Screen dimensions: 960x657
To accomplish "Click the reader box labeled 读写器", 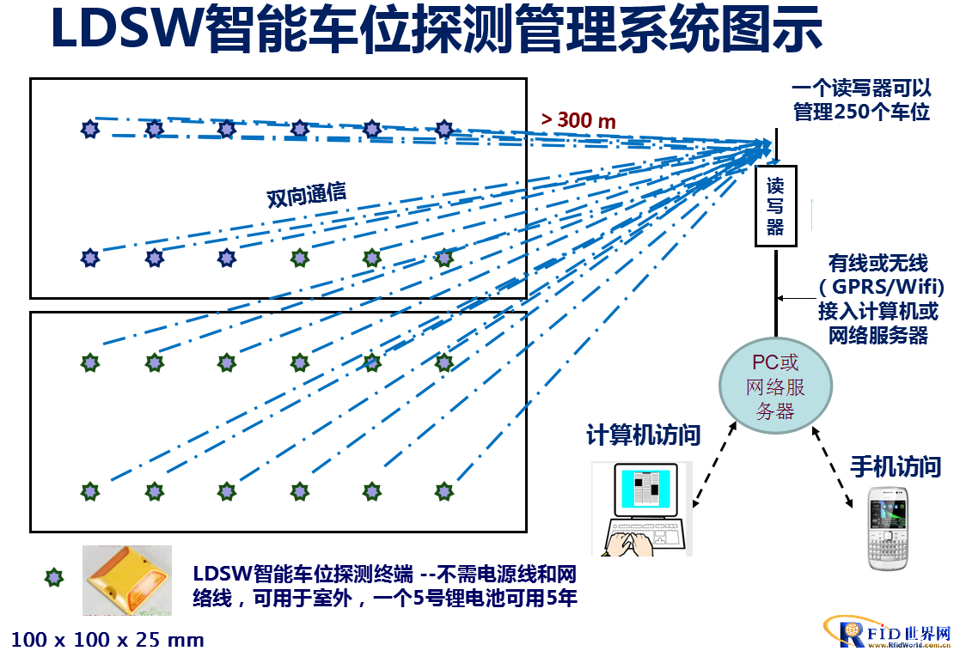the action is (776, 206).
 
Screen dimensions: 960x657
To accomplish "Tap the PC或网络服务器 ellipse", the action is (775, 386).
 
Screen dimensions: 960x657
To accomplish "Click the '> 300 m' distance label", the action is (578, 120).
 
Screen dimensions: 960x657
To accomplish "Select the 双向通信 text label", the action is (306, 195).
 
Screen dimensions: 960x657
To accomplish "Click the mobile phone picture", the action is (889, 528).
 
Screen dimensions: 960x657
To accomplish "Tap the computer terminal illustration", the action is (642, 509).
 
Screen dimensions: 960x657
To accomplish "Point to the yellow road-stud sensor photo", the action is (127, 580).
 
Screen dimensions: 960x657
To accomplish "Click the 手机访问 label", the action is (896, 466).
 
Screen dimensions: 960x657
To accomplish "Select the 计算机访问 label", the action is (644, 435).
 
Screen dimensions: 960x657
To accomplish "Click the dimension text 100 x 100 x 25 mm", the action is (107, 640).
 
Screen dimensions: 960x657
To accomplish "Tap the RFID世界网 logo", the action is (889, 631).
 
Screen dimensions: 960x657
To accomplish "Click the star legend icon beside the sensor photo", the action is (54, 577).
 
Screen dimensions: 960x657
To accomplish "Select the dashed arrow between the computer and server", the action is (714, 464).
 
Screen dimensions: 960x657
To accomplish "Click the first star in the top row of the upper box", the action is (90, 129).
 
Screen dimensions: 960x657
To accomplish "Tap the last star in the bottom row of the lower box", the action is (443, 491).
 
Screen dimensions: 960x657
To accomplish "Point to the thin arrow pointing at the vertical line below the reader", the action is (797, 299).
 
